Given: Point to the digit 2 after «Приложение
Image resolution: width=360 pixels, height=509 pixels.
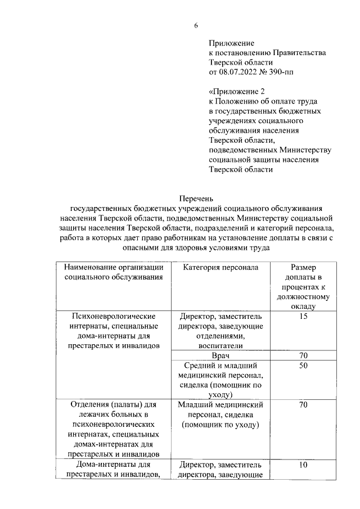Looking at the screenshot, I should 262,91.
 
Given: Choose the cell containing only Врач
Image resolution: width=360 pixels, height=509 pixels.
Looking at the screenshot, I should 220,356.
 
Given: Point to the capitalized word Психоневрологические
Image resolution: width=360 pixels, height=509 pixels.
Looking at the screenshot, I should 114,316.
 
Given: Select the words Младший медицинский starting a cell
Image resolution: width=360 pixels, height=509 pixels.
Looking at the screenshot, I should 220,404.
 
